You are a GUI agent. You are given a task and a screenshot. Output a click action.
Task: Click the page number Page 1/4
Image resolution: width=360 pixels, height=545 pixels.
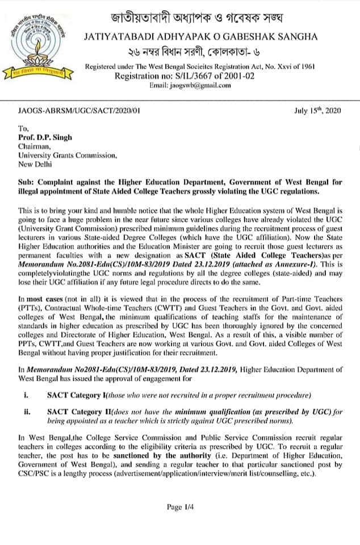click(x=179, y=507)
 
